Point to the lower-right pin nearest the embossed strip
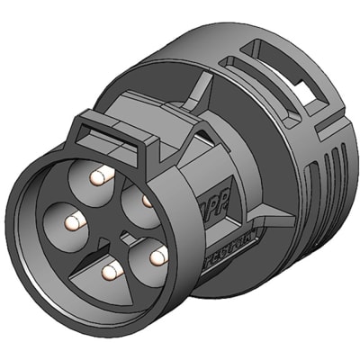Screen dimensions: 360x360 click(x=158, y=257)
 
